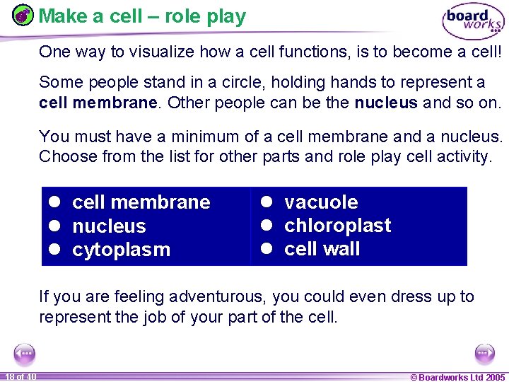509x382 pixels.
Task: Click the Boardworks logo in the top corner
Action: pyautogui.click(x=473, y=21)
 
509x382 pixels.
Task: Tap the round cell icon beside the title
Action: pyautogui.click(x=24, y=16)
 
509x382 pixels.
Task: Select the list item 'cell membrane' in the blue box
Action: pyautogui.click(x=141, y=202)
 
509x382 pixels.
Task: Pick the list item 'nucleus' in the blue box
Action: pyautogui.click(x=109, y=226)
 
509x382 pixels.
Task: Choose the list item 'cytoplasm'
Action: pyautogui.click(x=121, y=250)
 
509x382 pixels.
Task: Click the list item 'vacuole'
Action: pyautogui.click(x=321, y=202)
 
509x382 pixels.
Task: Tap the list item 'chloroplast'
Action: pyautogui.click(x=337, y=226)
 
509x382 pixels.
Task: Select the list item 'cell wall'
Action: pyautogui.click(x=322, y=249)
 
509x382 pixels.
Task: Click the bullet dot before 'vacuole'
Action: pyautogui.click(x=267, y=202)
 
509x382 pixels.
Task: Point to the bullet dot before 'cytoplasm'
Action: pyautogui.click(x=54, y=250)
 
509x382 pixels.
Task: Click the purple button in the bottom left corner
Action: pyautogui.click(x=25, y=352)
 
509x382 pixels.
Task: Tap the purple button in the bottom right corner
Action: pyautogui.click(x=485, y=352)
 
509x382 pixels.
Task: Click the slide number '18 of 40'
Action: pyautogui.click(x=21, y=376)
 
